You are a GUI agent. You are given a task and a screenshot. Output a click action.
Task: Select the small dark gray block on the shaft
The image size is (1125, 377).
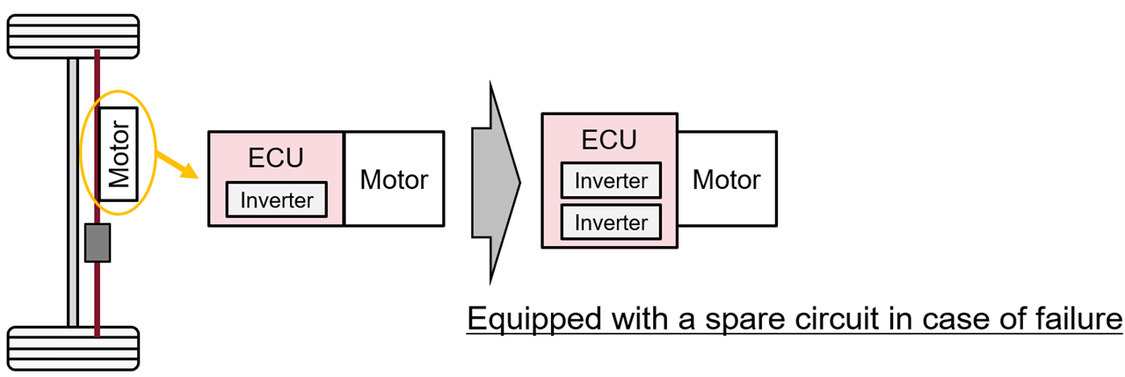point(97,243)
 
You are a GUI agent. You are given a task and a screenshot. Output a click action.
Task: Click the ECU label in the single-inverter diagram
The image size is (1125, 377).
point(275,157)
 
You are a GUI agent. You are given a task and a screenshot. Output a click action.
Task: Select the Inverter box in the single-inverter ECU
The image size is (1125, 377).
point(277,199)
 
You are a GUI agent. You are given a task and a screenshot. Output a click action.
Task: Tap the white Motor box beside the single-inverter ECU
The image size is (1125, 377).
point(394,179)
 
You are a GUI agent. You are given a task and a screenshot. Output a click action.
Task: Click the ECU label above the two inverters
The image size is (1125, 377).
point(609,140)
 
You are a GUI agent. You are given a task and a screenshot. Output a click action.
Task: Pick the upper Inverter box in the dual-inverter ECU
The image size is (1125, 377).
point(611,181)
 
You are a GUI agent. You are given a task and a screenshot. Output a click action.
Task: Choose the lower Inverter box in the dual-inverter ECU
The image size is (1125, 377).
point(611,221)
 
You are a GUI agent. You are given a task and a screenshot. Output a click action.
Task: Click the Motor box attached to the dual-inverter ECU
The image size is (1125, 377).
point(727,179)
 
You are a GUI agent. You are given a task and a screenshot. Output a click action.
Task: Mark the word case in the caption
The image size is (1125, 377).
point(954,319)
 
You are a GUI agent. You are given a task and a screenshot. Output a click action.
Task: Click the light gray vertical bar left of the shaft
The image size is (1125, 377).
point(73,193)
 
